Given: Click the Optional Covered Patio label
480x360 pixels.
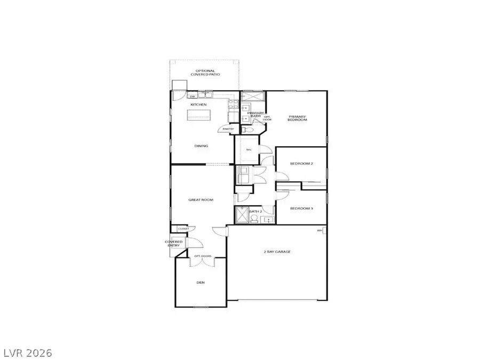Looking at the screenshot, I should coord(205,73).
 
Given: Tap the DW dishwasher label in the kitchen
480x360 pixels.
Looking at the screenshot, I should coord(193,97).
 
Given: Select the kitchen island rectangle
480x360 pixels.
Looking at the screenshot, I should coord(199,115).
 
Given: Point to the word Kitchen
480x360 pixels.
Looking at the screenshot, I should coord(198,105).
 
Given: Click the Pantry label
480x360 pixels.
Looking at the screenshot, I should coord(228,129).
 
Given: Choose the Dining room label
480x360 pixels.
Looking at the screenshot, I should coord(201,146).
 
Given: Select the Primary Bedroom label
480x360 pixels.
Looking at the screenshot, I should coord(298,118).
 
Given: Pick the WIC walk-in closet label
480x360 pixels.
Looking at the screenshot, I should coord(248,149).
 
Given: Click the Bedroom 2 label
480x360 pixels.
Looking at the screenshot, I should coord(300,164).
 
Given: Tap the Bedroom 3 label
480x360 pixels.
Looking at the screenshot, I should coord(300,208).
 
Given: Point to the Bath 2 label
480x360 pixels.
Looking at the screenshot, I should coord(255,212).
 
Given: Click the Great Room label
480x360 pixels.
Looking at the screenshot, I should coord(201,200).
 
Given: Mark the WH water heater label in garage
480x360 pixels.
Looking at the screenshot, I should coord(320,230).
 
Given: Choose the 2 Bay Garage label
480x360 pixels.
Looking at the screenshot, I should coord(277,251).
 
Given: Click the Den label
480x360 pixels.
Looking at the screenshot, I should coord(201,283).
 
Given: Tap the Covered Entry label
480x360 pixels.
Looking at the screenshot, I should coord(173,243).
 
